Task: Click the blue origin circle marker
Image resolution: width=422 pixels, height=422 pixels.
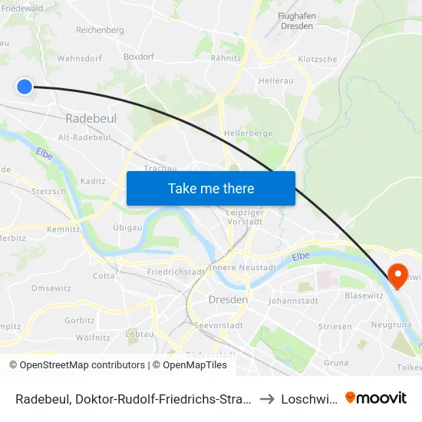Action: coord(24,87)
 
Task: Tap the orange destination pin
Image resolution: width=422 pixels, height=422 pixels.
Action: coord(397,275)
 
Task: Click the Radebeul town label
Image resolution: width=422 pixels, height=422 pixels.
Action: coord(91,119)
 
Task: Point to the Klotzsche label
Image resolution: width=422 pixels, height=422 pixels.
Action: coord(317,59)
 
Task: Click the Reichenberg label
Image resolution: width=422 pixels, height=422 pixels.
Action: coord(100,30)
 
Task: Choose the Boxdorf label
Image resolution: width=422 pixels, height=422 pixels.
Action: coord(139,57)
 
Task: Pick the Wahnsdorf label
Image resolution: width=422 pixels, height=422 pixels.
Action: coord(80,58)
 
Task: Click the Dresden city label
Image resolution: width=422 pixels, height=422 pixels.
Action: coord(228,300)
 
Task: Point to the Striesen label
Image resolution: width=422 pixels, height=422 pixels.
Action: coord(335,326)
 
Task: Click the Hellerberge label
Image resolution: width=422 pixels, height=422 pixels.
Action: coord(248,133)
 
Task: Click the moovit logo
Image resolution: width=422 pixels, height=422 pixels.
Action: coord(376,398)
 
